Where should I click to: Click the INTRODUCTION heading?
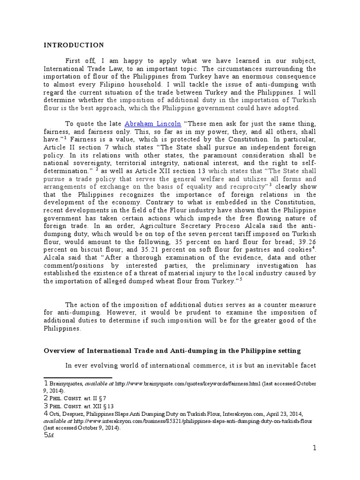tap(74, 45)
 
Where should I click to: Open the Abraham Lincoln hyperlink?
tap(149, 124)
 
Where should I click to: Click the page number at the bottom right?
tap(315, 448)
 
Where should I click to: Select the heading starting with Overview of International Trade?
tap(172, 351)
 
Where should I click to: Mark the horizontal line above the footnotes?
tap(78, 377)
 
